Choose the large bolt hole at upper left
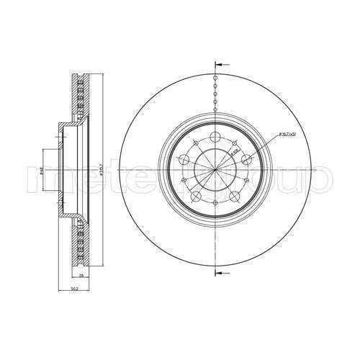tap(183, 160)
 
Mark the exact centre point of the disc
tap(215, 170)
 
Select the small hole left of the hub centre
tap(184, 181)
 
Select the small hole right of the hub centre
tap(247, 181)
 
